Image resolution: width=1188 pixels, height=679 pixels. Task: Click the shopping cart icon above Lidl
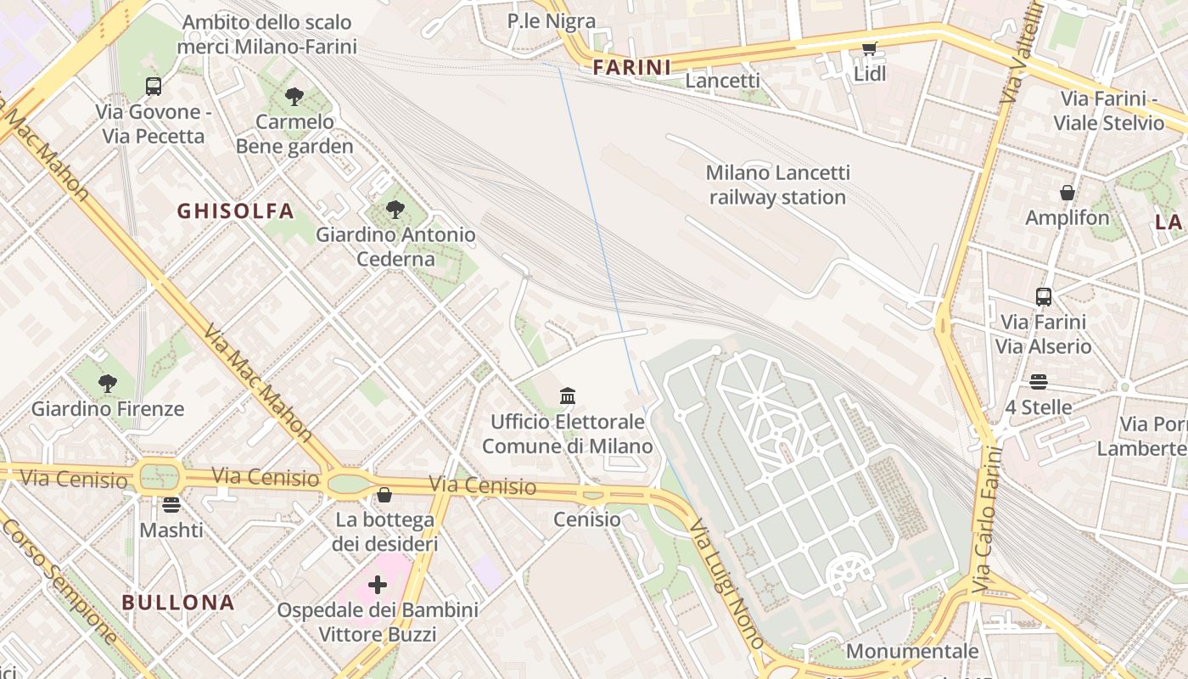[x=869, y=49]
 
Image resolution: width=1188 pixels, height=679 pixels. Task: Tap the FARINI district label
[x=632, y=67]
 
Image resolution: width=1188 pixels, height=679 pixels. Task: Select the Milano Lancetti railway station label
[x=777, y=185]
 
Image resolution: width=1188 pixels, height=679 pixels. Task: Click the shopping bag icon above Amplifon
[x=1068, y=193]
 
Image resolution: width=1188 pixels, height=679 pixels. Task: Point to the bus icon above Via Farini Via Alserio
[x=1044, y=297]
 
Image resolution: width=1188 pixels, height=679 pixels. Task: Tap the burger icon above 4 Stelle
[x=1039, y=382]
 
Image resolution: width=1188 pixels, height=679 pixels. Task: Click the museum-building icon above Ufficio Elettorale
[x=568, y=396]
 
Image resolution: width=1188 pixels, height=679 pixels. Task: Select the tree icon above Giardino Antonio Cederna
[x=395, y=209]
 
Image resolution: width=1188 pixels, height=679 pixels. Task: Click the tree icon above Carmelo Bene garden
[x=294, y=97]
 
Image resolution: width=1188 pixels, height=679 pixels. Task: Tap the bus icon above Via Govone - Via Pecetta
[x=154, y=86]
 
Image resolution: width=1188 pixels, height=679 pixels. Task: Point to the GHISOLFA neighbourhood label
[x=235, y=211]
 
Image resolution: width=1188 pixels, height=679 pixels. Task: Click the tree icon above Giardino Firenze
[x=107, y=384]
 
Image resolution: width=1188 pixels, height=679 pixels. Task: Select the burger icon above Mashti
[x=171, y=505]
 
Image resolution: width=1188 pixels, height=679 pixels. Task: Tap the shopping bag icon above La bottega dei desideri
[x=384, y=495]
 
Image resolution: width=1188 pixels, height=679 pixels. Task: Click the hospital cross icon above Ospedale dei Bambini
[x=378, y=585]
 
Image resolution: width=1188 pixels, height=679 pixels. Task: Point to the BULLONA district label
[x=177, y=603]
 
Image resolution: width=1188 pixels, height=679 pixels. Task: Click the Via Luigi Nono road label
[x=728, y=585]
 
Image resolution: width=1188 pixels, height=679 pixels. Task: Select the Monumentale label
[x=912, y=652]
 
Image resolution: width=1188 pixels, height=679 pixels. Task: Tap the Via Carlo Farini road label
[x=989, y=519]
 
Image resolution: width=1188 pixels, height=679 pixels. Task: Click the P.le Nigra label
[x=552, y=21]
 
